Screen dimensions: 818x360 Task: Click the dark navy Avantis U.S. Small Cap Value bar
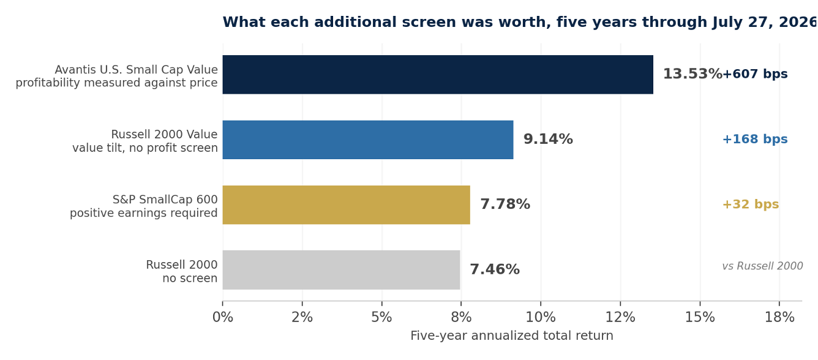[438, 75]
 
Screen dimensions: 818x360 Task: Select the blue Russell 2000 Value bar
[368, 140]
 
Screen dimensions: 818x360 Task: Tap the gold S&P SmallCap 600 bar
[346, 204]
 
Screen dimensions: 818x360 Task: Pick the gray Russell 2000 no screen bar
[341, 270]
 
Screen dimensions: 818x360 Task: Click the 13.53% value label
[692, 74]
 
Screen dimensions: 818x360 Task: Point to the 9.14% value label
[548, 139]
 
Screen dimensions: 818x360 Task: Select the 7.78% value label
[505, 204]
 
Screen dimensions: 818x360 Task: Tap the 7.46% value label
[495, 269]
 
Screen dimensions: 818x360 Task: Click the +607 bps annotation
[755, 74]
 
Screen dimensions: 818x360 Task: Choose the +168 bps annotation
[755, 139]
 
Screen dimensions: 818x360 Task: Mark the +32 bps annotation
[751, 204]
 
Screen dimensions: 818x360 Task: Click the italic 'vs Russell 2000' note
[762, 266]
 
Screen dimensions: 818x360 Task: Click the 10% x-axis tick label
[541, 318]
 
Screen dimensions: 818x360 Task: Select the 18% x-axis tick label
[779, 318]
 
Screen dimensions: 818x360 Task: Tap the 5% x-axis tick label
[381, 318]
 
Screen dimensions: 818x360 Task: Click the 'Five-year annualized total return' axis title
[512, 336]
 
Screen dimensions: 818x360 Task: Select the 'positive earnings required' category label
[143, 213]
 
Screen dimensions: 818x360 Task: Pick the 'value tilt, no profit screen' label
[145, 148]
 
